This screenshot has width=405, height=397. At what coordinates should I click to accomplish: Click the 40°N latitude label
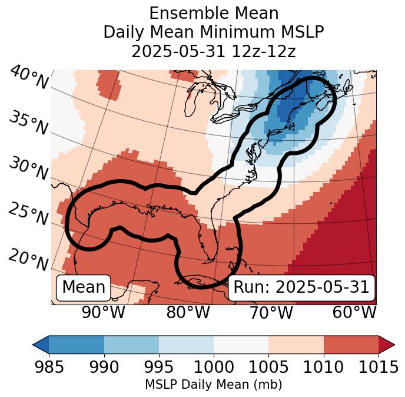(29, 78)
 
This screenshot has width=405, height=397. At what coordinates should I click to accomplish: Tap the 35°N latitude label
(28, 123)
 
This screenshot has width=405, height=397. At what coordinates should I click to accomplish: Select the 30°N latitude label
(28, 168)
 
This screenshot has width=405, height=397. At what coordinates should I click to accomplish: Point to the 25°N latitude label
(28, 214)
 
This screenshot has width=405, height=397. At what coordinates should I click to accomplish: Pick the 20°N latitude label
(28, 259)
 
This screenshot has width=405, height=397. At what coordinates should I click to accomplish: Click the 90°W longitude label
(103, 313)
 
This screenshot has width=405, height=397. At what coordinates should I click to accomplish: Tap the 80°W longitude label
(188, 313)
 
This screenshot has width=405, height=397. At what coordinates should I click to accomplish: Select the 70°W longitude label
(271, 313)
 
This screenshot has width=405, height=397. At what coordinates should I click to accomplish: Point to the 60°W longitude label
(354, 313)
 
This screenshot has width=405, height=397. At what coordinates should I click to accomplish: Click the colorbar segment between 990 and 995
(131, 345)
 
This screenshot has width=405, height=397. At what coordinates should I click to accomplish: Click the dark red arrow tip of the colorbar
(386, 345)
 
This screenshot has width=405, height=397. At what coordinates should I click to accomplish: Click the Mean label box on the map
(84, 287)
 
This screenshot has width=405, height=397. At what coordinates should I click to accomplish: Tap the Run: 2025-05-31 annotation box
(301, 287)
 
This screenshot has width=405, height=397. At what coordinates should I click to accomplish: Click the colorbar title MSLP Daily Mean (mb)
(213, 385)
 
